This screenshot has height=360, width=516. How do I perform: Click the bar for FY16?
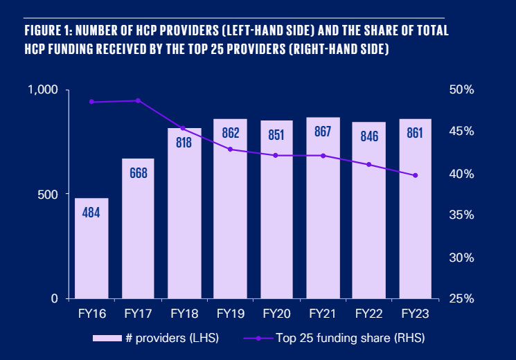[x=91, y=249]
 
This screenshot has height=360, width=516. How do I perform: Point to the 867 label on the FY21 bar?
[x=323, y=132]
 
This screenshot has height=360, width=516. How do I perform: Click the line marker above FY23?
[x=416, y=175]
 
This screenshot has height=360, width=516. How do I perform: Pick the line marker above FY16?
[x=91, y=102]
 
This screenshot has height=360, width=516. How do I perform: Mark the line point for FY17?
[x=138, y=100]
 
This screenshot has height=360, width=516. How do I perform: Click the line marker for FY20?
[x=276, y=155]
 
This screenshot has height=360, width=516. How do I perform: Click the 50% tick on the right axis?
[x=460, y=90]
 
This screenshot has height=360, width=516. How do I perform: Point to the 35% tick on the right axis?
[x=460, y=215]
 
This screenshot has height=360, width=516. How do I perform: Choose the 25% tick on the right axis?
[x=460, y=298]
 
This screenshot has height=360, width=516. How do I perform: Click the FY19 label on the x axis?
[x=230, y=314]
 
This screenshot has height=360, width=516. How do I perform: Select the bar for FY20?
[x=276, y=222]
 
